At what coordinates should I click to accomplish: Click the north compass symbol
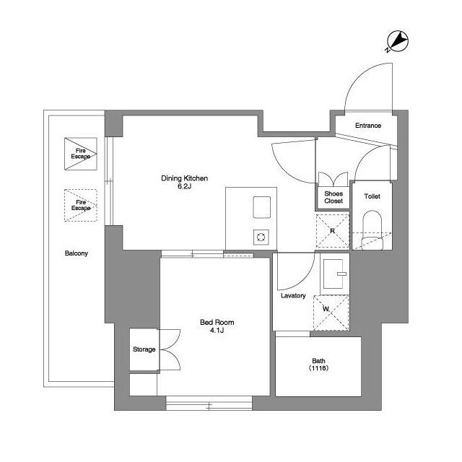(x=398, y=41)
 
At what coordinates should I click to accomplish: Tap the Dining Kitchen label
(x=185, y=178)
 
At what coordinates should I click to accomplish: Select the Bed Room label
(x=217, y=323)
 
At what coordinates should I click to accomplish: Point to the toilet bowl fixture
(x=372, y=230)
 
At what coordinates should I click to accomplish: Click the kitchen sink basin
(x=261, y=207)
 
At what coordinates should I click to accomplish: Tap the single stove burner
(x=261, y=237)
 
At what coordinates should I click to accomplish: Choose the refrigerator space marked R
(x=332, y=231)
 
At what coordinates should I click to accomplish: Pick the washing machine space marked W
(x=331, y=313)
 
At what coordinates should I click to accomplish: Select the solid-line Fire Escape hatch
(x=81, y=154)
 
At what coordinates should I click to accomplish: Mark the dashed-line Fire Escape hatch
(x=81, y=205)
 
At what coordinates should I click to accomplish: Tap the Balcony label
(x=77, y=253)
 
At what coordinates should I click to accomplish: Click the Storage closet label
(x=144, y=349)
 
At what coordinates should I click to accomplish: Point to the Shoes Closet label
(x=334, y=197)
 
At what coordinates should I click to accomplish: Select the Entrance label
(x=368, y=126)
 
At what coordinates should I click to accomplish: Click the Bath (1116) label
(x=318, y=365)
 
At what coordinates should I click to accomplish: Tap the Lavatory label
(x=293, y=295)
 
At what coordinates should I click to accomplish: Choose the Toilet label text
(x=372, y=196)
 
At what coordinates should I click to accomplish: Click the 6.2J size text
(x=185, y=186)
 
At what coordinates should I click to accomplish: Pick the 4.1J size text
(x=217, y=331)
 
